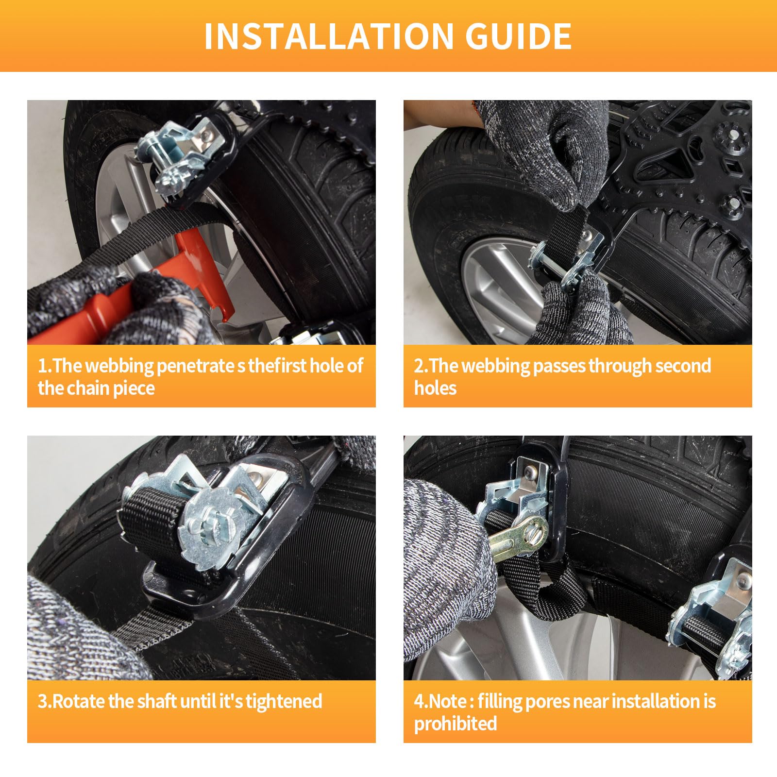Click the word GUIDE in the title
[519, 36]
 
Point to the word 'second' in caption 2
[683, 366]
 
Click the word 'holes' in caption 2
[435, 388]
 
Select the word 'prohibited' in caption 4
[456, 724]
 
